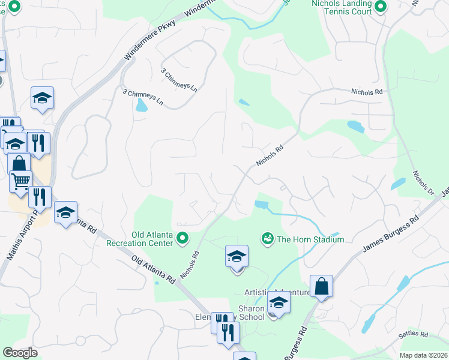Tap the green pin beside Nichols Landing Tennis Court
click(x=380, y=7)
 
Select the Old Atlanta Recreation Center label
click(x=139, y=239)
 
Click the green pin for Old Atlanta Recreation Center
click(x=183, y=239)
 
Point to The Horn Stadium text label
click(x=310, y=239)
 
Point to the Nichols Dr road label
click(x=423, y=184)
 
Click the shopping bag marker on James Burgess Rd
click(x=321, y=286)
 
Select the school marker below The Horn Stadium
click(x=237, y=256)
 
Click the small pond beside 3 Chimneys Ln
click(x=141, y=106)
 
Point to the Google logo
click(x=20, y=353)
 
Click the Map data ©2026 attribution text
click(x=423, y=355)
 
